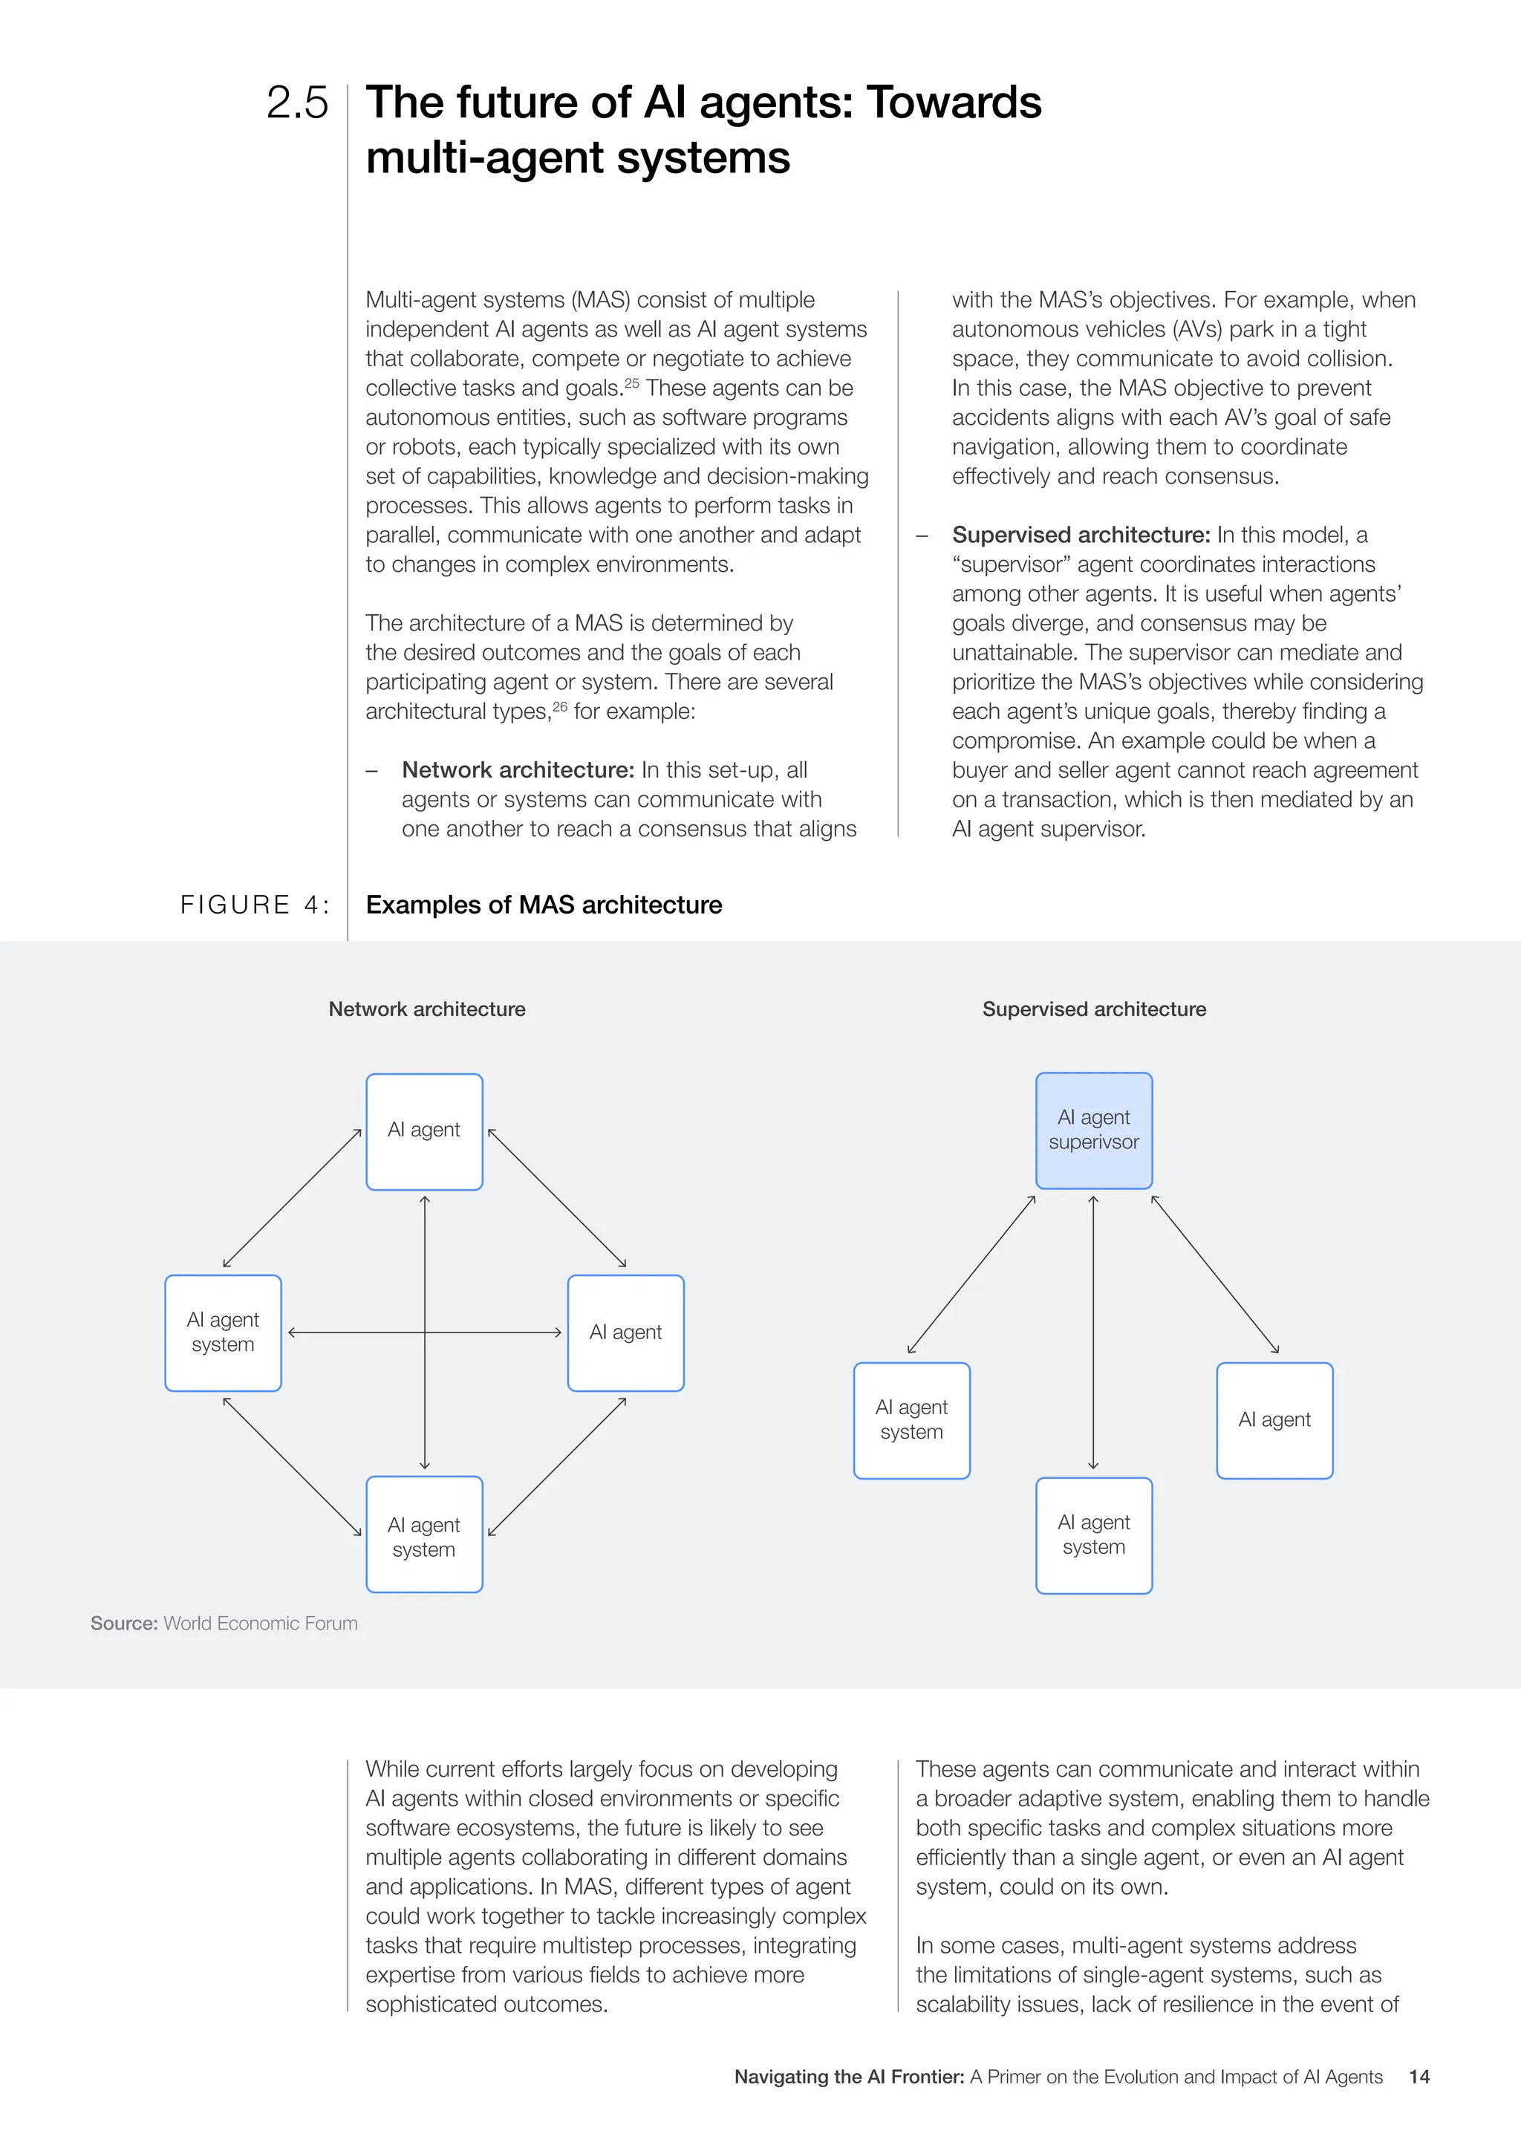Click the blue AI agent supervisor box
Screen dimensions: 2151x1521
pos(1093,1130)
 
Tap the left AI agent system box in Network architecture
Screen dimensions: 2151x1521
pos(223,1332)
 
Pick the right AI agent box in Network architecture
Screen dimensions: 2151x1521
pos(625,1332)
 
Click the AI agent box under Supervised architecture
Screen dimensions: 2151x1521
pos(1274,1420)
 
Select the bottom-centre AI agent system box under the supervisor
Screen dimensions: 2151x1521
pos(1093,1535)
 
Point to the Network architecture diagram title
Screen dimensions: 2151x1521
pos(426,1009)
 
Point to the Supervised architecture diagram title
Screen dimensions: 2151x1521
pos(1093,1009)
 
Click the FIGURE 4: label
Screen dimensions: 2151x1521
pos(255,905)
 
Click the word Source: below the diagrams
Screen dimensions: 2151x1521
pos(123,1624)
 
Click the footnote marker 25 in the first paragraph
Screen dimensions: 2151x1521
pos(631,383)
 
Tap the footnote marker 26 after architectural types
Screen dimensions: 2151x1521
pos(560,706)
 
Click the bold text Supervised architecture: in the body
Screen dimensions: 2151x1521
pos(1081,535)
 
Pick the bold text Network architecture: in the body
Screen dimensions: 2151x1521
pos(518,770)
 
